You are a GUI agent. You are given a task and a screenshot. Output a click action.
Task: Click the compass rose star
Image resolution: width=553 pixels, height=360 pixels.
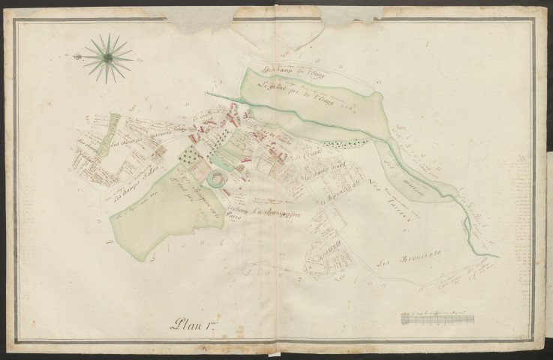click(x=107, y=57)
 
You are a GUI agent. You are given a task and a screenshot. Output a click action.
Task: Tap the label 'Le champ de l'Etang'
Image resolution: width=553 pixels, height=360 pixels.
click(x=286, y=72)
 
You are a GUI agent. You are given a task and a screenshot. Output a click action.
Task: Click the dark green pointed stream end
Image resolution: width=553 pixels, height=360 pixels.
click(x=209, y=94)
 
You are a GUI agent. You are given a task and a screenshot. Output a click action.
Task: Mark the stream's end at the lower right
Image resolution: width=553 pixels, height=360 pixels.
click(x=496, y=256)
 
